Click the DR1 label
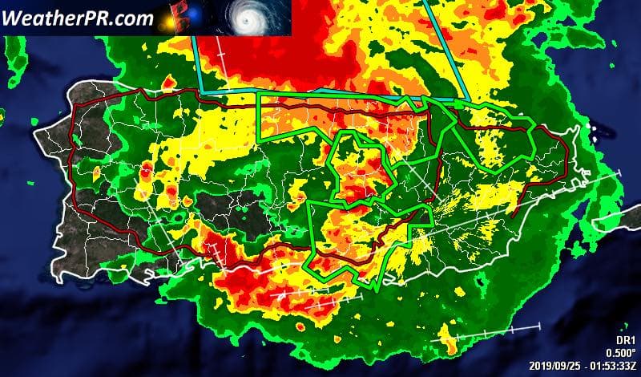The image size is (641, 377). tap(625, 339)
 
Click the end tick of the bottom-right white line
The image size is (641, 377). tap(540, 326)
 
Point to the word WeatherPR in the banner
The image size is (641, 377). tap(50, 18)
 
